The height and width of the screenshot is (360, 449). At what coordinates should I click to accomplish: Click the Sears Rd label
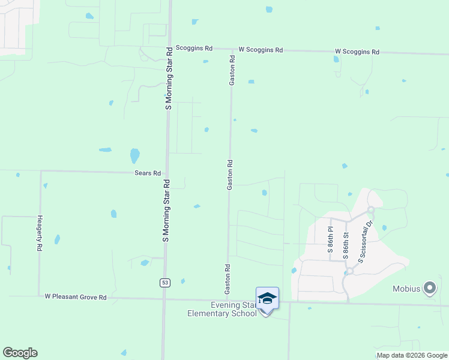(147, 173)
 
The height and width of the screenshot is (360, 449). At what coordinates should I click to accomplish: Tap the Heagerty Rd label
(40, 233)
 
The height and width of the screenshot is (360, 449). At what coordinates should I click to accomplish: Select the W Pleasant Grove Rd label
(76, 297)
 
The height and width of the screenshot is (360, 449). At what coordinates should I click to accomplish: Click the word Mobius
(406, 289)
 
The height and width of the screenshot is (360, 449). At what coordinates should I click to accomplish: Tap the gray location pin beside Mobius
(429, 289)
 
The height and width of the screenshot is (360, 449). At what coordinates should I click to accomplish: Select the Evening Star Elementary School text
(222, 309)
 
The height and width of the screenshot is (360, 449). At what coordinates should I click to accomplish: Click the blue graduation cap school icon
(267, 298)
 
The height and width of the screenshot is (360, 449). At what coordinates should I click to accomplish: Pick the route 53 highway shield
(164, 282)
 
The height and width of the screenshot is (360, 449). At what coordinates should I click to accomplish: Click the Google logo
(20, 352)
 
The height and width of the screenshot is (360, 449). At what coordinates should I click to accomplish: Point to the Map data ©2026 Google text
(411, 355)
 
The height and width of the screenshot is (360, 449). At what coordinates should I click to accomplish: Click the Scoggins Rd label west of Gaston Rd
(194, 48)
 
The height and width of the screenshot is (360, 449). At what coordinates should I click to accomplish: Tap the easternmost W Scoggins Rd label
(357, 52)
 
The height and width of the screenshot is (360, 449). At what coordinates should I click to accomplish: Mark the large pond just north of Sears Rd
(135, 156)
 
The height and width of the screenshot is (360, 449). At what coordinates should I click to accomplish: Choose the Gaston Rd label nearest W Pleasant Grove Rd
(228, 279)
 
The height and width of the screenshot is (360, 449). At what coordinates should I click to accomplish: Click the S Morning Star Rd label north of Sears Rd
(169, 79)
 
